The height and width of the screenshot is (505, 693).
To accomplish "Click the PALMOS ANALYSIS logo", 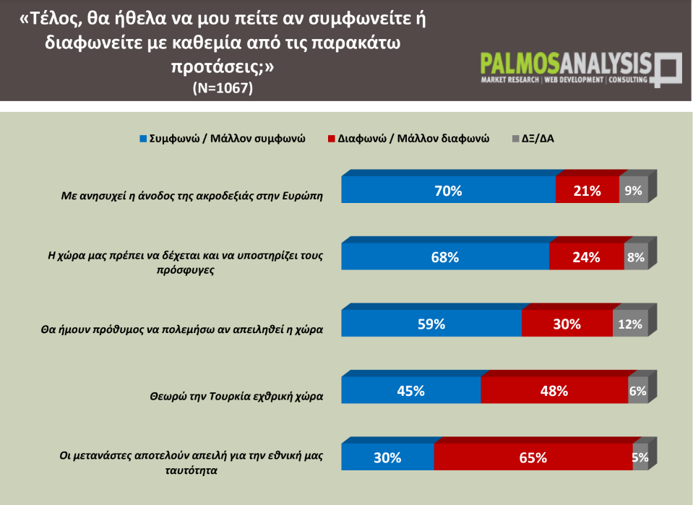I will coord(580,69).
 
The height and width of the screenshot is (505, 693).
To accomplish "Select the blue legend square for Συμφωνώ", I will coord(143,138).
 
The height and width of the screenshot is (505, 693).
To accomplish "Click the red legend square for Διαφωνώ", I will coord(332,138).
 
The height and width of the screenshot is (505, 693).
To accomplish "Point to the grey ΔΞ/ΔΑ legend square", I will coord(515,138).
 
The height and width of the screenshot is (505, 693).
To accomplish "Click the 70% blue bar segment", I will coord(448,191).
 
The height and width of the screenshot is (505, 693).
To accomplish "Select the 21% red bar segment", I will coord(587,191).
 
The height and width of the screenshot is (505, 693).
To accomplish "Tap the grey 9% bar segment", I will coord(634,191).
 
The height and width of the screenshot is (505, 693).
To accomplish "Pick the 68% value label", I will coord(445,257).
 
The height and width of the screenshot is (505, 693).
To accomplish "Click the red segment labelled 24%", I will coord(586,257).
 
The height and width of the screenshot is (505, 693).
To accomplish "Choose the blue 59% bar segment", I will coord(431,324).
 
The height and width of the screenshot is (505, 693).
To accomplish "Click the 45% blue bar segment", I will coord(410,391).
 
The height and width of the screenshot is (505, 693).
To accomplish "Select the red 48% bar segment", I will coord(554,391).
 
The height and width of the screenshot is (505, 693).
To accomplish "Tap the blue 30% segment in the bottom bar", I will coord(387,457).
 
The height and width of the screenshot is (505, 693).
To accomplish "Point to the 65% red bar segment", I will coord(533,457).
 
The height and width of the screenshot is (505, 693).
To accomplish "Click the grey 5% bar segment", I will coord(640,457).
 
